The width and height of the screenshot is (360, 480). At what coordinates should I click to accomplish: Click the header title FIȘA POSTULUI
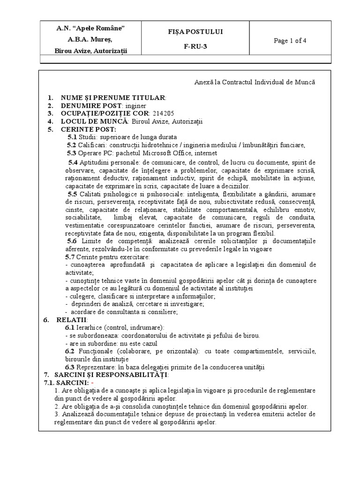202,31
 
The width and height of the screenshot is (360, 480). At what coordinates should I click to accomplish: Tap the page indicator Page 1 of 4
290,40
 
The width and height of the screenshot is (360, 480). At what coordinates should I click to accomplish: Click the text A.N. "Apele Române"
90,29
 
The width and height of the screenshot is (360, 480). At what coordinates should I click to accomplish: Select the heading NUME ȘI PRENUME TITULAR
112,97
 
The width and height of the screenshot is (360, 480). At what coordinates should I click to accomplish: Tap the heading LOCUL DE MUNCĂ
93,121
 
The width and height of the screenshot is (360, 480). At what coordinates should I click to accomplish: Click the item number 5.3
71,153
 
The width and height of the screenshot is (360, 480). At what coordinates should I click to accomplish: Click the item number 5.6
72,241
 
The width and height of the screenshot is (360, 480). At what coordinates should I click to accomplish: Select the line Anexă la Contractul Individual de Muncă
255,82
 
